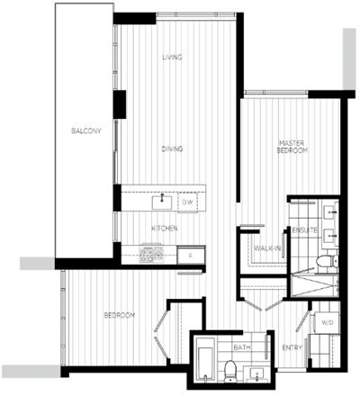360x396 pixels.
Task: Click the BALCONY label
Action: [86, 130]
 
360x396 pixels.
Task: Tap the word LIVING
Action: [172, 57]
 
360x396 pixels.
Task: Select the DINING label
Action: [172, 148]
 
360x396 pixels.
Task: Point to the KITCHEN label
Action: [165, 229]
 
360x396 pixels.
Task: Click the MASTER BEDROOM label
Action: [292, 147]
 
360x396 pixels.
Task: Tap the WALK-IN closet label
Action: [267, 248]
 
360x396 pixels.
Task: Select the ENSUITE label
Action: [304, 230]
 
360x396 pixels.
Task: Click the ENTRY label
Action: [292, 348]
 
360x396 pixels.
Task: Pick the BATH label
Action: [242, 347]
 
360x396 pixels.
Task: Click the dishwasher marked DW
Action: [187, 202]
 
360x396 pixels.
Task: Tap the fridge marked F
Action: [191, 256]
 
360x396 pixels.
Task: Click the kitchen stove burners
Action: [152, 255]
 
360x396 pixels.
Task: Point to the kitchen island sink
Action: [162, 202]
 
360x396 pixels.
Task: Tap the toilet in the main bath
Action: [230, 372]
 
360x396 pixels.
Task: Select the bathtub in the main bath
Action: [205, 360]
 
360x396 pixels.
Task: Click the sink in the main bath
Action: [256, 374]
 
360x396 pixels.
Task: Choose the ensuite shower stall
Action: [315, 285]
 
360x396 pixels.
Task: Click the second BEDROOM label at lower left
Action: [120, 315]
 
